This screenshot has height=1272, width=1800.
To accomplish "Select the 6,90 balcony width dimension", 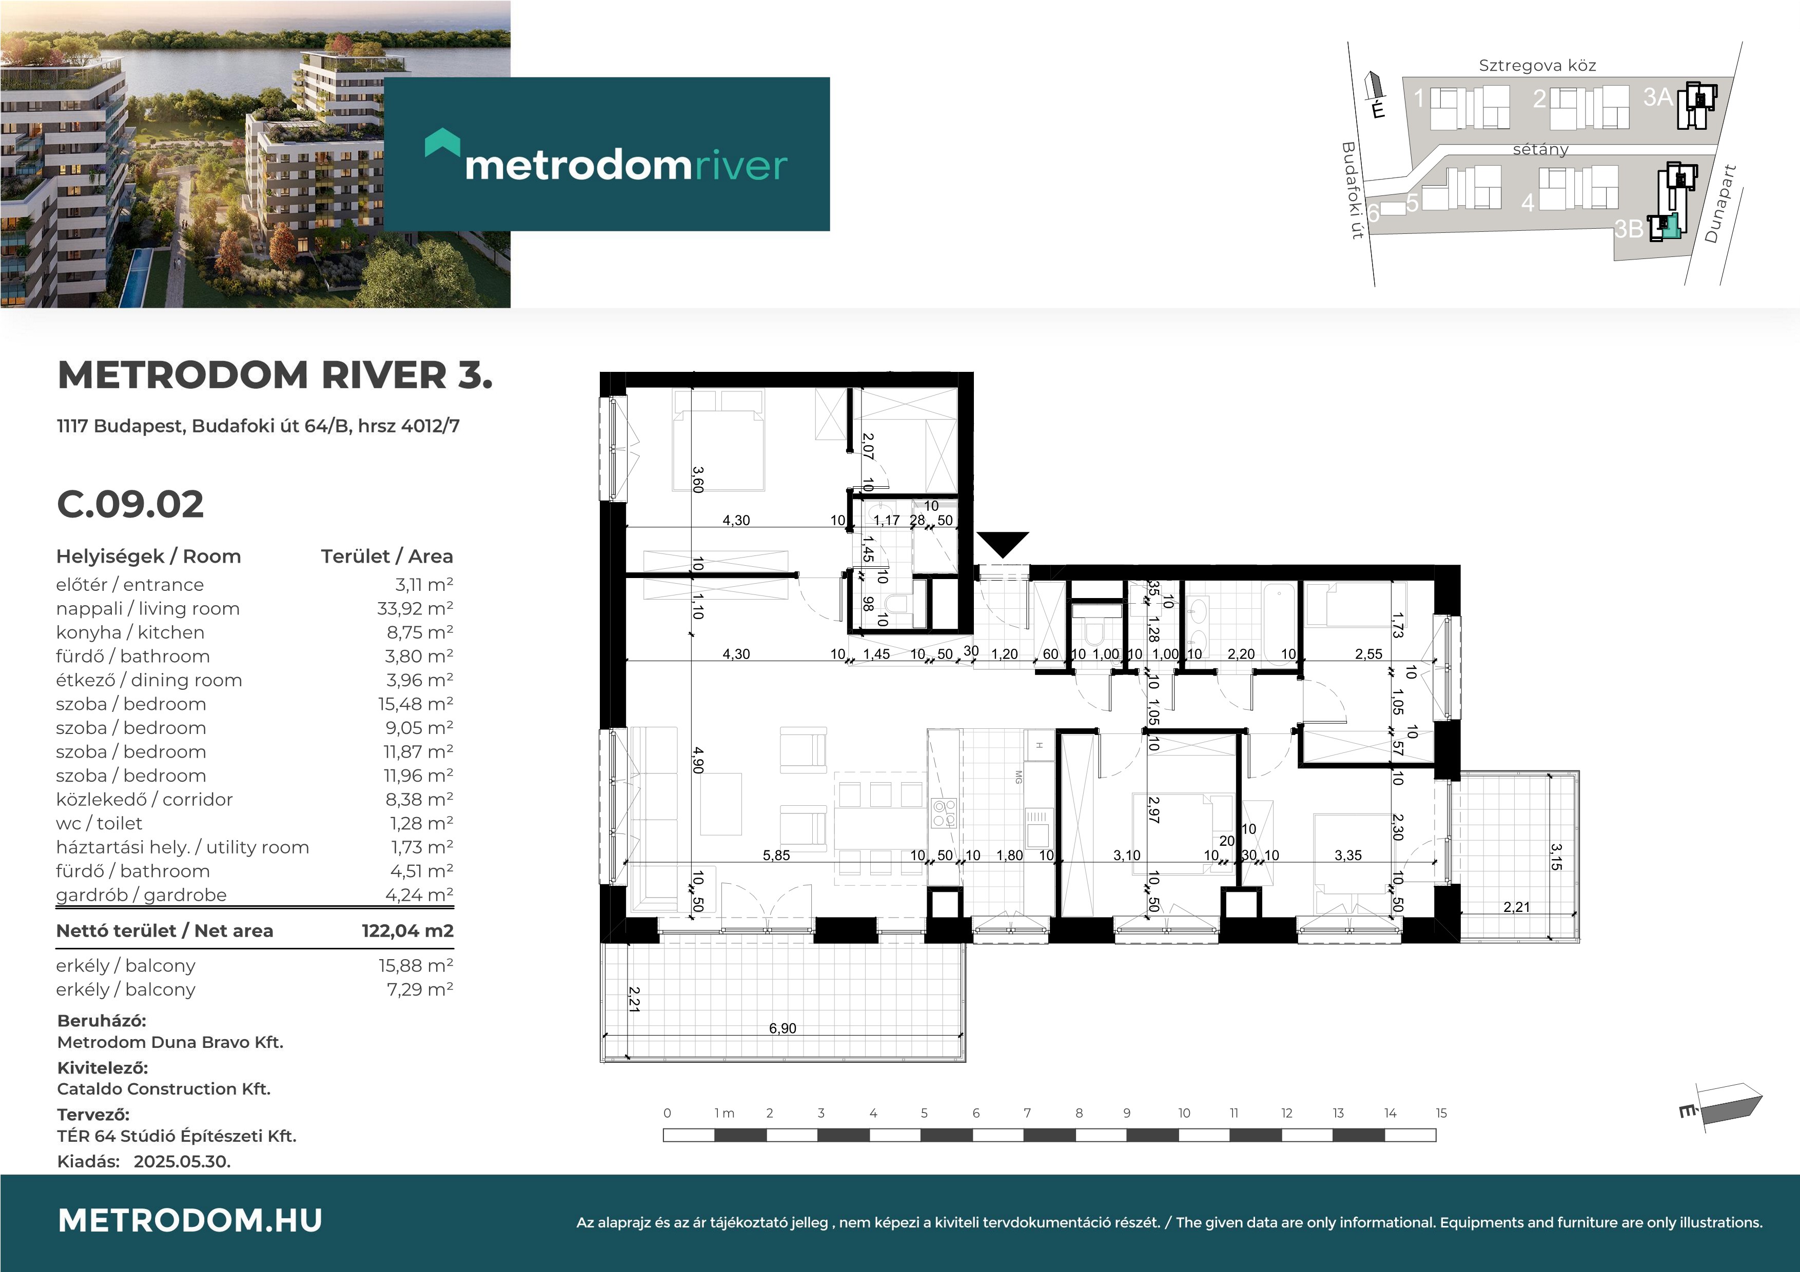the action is tap(782, 1028).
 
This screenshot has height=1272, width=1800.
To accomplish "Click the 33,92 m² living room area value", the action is tap(415, 609).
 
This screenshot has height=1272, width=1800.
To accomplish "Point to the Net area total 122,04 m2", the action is tap(407, 931).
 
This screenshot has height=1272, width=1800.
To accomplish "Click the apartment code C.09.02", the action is tap(130, 504).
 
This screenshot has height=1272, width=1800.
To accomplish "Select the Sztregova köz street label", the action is tap(1537, 66).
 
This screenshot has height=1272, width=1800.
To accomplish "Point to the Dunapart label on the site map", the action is tap(1721, 204).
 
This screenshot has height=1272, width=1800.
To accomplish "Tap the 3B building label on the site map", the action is tap(1628, 229).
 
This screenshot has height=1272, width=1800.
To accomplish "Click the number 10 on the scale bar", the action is tap(1184, 1113).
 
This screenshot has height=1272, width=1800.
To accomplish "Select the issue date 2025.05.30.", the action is tap(182, 1162).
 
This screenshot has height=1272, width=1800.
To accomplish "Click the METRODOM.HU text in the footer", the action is tap(190, 1220).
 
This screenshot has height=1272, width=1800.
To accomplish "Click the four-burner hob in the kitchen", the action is tap(943, 813).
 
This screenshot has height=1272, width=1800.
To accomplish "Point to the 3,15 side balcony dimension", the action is tap(1556, 857).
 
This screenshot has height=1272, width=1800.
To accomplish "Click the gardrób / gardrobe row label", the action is tap(141, 895).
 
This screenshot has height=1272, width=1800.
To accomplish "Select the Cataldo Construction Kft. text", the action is tap(164, 1088).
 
